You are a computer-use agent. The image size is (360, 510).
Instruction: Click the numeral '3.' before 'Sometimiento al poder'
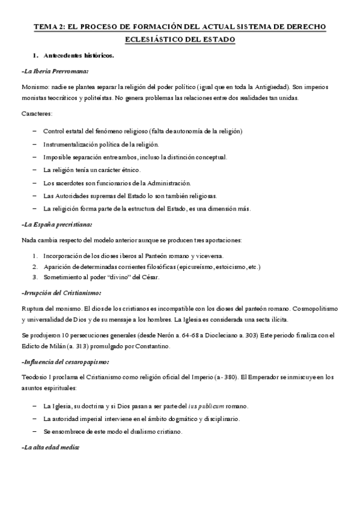tap(35, 277)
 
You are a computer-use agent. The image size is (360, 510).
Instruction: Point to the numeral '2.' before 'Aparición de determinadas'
tap(35, 266)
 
